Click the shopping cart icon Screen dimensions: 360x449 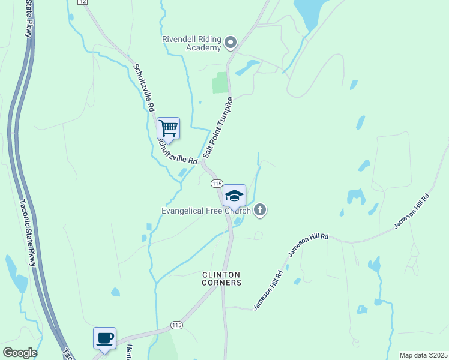(x=169, y=128)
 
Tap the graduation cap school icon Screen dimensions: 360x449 (x=234, y=196)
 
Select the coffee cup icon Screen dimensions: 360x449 (x=104, y=338)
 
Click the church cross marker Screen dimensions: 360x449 (x=260, y=210)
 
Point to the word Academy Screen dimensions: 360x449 (x=203, y=47)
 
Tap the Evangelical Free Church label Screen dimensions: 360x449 (x=205, y=211)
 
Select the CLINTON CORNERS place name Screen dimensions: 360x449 (x=221, y=278)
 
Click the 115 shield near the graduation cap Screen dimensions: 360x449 (x=217, y=183)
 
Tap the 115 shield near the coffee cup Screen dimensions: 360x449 (x=176, y=325)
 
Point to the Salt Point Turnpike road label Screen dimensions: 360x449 (x=217, y=127)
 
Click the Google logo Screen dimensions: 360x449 (x=20, y=353)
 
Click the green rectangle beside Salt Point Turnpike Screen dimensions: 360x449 (x=220, y=83)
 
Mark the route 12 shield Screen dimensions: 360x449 (x=83, y=2)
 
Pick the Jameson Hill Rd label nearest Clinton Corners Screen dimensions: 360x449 (x=268, y=290)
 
